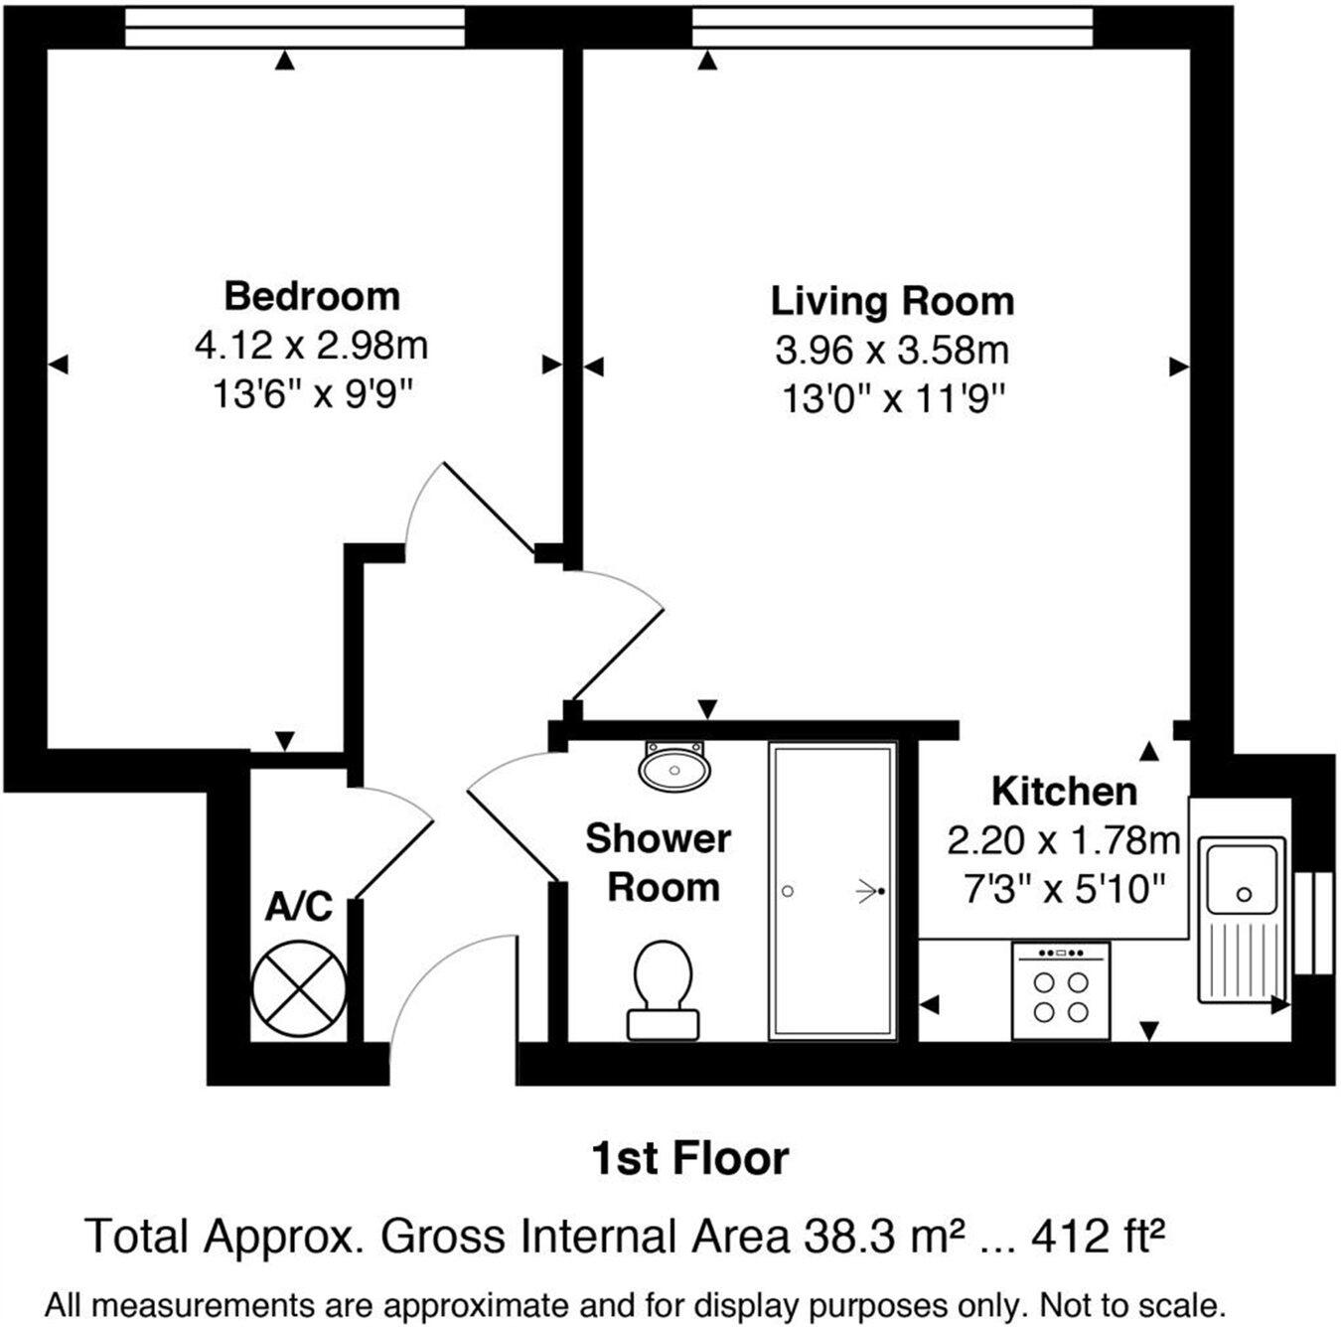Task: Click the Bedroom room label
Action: [311, 296]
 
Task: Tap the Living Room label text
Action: [892, 301]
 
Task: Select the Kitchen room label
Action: [1064, 792]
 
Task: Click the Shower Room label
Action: [660, 862]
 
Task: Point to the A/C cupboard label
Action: [298, 907]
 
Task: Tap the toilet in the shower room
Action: [663, 988]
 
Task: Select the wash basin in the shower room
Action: [674, 766]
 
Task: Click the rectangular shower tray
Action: [832, 891]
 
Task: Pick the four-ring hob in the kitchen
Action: [1060, 990]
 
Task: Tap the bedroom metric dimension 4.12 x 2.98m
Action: [311, 346]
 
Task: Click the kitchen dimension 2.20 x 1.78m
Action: [1063, 841]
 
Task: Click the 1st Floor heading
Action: [689, 1158]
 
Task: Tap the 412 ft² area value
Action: [1097, 1237]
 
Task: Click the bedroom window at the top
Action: [295, 28]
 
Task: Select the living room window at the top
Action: [891, 28]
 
